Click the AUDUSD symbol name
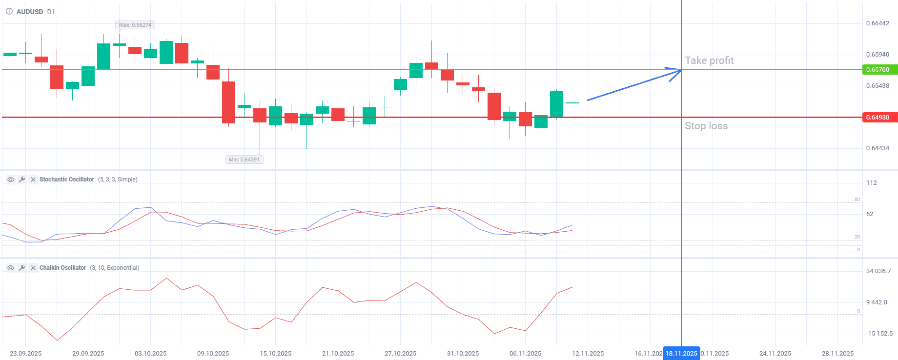click(30, 12)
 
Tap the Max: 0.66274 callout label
click(135, 25)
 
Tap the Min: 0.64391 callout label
click(244, 160)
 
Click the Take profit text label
click(709, 60)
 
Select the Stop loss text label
click(706, 126)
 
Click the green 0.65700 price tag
click(878, 70)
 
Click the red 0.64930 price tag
click(878, 118)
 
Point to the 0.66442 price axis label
click(878, 23)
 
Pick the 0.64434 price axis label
click(878, 148)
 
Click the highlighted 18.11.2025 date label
click(681, 353)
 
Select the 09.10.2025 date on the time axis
click(213, 353)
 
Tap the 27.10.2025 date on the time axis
click(400, 353)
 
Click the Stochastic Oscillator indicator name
click(67, 180)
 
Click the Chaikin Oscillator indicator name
click(62, 268)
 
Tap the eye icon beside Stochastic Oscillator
click(11, 180)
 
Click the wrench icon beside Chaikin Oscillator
click(22, 268)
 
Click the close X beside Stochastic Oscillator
click(33, 180)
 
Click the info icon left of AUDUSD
click(9, 12)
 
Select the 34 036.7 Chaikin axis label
click(878, 271)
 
